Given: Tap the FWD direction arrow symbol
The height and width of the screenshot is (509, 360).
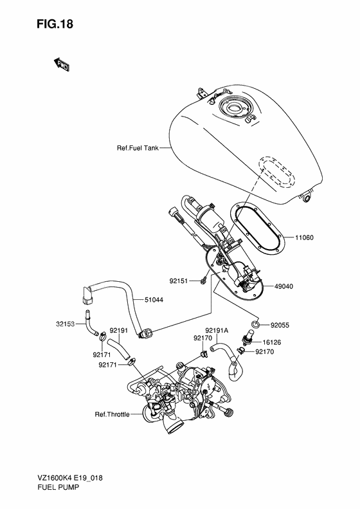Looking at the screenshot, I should click(x=62, y=64).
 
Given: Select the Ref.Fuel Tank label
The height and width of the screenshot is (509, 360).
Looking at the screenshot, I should click(x=137, y=147).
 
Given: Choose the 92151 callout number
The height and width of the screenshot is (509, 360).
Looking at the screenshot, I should click(x=179, y=281).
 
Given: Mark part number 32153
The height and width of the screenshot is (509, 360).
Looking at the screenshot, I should click(x=66, y=325).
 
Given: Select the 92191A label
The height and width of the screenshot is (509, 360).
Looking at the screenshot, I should click(x=217, y=329).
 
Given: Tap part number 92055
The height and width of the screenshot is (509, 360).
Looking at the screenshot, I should click(x=281, y=326).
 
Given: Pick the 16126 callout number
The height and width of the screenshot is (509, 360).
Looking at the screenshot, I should click(x=271, y=342).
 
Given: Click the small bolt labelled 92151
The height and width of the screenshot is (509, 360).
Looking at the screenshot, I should click(x=203, y=279).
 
